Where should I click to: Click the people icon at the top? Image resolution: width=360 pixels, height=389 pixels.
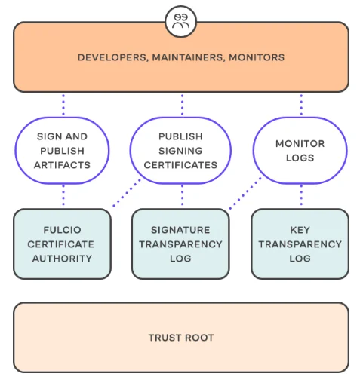tap(181, 21)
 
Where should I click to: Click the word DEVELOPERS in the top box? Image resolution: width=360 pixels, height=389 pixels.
tap(112, 57)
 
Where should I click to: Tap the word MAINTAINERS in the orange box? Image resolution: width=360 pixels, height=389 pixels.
tap(188, 57)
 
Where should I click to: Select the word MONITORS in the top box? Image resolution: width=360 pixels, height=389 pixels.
tap(257, 57)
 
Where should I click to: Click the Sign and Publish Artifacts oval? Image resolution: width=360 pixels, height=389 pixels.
tap(62, 151)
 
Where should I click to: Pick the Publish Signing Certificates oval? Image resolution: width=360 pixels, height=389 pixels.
tap(180, 151)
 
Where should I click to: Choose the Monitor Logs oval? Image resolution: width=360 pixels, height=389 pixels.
tap(300, 151)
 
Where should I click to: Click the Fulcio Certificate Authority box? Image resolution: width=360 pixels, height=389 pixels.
tap(62, 244)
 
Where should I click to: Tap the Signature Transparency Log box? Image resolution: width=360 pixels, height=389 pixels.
tap(180, 244)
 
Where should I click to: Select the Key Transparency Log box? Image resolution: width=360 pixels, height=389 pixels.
tap(300, 244)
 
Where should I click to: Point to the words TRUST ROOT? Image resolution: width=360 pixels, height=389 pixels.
tap(181, 338)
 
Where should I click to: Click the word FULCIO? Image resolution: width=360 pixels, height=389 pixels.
tap(62, 230)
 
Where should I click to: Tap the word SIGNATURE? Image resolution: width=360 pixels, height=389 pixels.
tap(180, 230)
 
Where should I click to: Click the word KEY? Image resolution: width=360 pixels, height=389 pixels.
tap(300, 230)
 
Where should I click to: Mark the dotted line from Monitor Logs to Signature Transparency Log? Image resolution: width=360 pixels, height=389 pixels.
tap(245, 193)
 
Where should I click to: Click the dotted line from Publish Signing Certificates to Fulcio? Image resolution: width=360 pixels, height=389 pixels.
tap(127, 193)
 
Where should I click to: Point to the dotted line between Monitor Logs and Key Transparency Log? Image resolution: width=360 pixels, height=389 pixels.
tap(301, 195)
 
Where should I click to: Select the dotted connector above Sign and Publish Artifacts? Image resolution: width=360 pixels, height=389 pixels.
tap(63, 105)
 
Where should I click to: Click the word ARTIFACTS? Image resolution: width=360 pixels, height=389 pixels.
tap(62, 165)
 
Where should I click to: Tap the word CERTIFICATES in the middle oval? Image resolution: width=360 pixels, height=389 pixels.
tap(180, 165)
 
